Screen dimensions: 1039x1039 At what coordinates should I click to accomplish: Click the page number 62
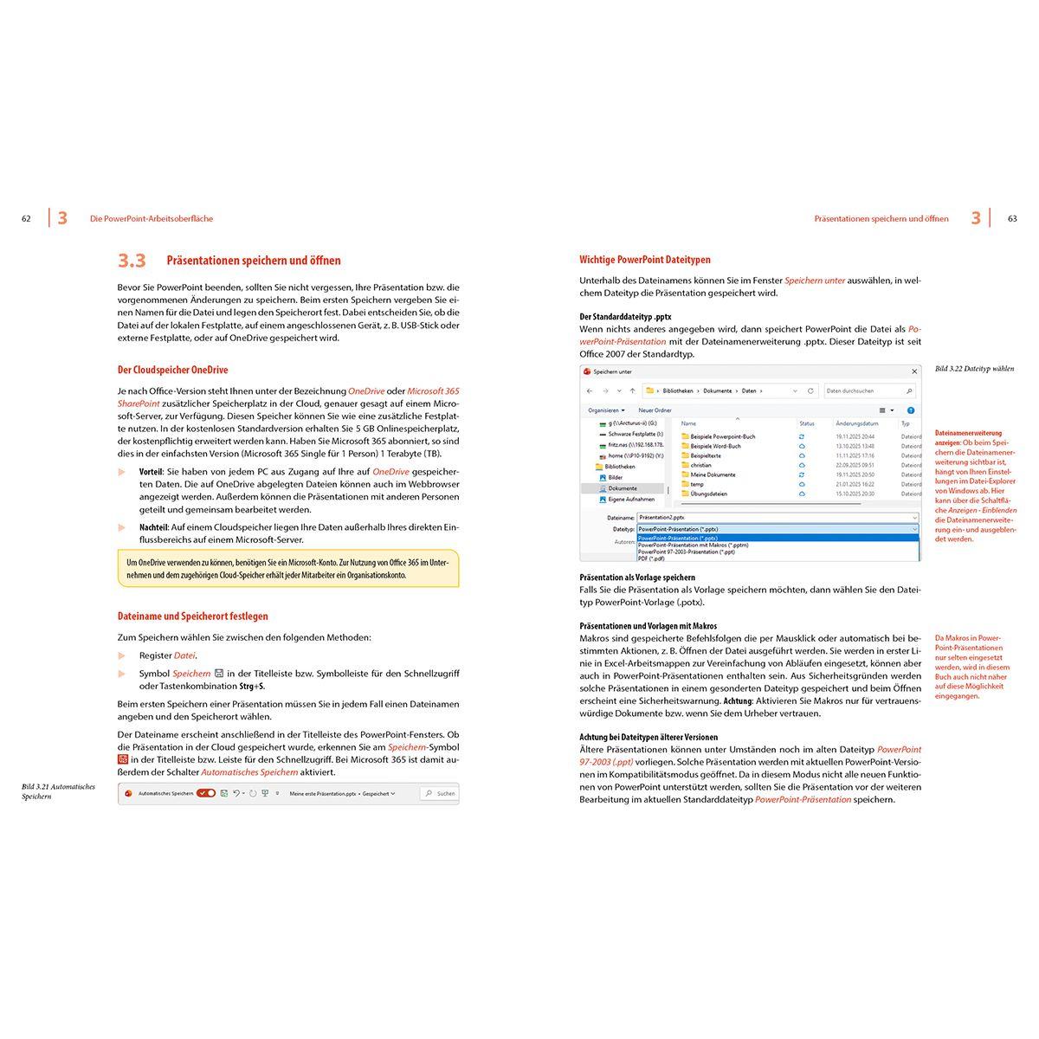click(26, 219)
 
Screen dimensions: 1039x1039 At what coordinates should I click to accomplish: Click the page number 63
click(1012, 219)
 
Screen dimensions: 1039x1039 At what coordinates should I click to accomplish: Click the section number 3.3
click(132, 261)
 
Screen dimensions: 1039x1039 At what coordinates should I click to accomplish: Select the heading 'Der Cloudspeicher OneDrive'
click(172, 370)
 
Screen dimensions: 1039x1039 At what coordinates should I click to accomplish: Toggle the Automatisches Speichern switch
click(206, 793)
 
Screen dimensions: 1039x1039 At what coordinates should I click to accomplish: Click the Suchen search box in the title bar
click(439, 793)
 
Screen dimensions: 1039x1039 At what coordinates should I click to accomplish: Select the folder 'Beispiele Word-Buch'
click(715, 446)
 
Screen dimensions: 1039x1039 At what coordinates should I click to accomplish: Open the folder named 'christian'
click(700, 465)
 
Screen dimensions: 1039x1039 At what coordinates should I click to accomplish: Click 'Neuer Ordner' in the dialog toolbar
click(655, 410)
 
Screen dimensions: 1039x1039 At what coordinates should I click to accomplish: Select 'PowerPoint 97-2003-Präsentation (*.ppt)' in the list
click(686, 552)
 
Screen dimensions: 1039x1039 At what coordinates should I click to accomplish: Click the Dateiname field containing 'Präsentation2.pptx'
click(777, 516)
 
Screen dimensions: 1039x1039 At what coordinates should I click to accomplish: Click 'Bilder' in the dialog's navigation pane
click(615, 477)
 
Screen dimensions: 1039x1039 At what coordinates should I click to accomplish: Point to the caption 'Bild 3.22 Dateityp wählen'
click(974, 369)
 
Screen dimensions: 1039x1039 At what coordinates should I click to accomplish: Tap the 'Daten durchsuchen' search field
click(868, 390)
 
